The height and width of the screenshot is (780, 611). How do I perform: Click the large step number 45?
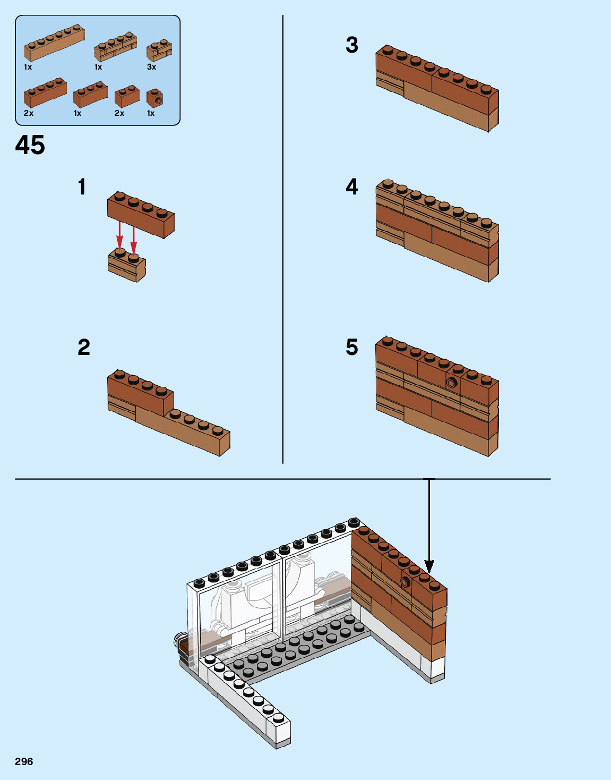[30, 145]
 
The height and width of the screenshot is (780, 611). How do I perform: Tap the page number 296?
[24, 761]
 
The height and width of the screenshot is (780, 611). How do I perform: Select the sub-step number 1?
[82, 187]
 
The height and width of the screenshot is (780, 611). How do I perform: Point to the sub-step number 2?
[84, 347]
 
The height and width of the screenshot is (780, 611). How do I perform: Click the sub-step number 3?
[352, 45]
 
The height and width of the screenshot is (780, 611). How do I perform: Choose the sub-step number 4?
[352, 186]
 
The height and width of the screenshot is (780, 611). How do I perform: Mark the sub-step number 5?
[352, 347]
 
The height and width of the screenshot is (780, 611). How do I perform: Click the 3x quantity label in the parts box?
[151, 67]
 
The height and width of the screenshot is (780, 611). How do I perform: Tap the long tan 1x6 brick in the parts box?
[54, 43]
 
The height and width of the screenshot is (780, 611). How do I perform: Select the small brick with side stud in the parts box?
[154, 98]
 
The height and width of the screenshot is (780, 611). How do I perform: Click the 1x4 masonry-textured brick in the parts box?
[115, 48]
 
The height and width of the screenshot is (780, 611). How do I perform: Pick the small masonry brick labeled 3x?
[159, 50]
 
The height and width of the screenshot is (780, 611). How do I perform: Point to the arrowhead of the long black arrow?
[429, 567]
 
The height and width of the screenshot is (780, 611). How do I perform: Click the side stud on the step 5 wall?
[452, 383]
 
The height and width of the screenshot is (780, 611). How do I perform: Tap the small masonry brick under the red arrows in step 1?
[126, 266]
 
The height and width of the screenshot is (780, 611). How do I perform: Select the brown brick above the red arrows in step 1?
[141, 214]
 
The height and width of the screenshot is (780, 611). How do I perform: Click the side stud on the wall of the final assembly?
[406, 582]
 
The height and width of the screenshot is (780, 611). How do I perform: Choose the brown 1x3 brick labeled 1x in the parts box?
[90, 95]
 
